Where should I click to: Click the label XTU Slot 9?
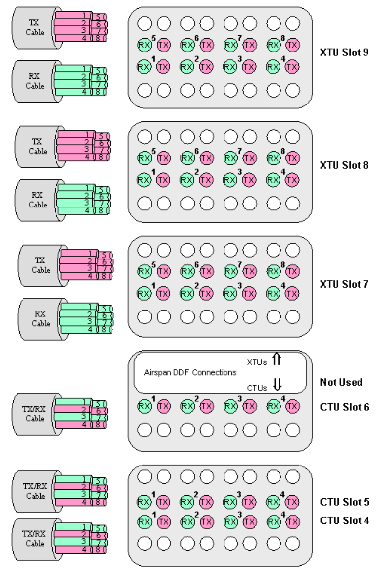coord(344,52)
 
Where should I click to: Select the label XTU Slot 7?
coord(344,284)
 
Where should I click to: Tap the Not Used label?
coord(341,382)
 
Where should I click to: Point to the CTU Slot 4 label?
coord(344,520)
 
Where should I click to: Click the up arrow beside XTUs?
coord(277,360)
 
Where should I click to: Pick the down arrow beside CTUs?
coord(277,384)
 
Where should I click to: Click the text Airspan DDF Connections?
coord(190,372)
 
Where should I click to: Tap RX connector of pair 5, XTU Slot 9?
coord(144,45)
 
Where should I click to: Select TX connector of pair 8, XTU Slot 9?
coord(293,45)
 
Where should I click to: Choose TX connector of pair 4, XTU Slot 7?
coord(293,293)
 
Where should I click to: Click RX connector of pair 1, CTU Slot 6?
coord(144,406)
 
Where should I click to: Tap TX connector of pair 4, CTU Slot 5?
coord(293,502)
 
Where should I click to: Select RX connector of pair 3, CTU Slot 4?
coord(230,522)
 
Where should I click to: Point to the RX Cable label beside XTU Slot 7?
coord(41,318)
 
